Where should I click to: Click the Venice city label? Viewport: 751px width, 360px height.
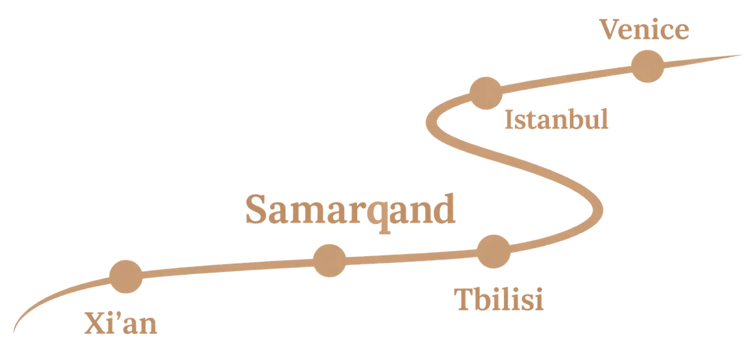644,30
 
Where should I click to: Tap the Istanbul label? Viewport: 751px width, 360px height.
556,120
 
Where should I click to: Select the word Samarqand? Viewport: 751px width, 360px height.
350,210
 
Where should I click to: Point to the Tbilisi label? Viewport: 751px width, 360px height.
498,299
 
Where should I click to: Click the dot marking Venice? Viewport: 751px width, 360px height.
647,66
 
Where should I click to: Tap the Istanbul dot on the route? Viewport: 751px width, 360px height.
485,93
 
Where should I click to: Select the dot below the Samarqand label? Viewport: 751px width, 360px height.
329,260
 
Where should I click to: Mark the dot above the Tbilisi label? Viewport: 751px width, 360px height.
494,251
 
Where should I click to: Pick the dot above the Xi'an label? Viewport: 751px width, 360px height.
126,277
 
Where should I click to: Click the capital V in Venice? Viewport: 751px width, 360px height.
610,30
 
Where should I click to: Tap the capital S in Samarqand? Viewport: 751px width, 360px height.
256,209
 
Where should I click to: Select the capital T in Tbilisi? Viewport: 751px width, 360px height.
464,299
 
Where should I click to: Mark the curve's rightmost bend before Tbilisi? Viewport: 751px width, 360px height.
598,210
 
